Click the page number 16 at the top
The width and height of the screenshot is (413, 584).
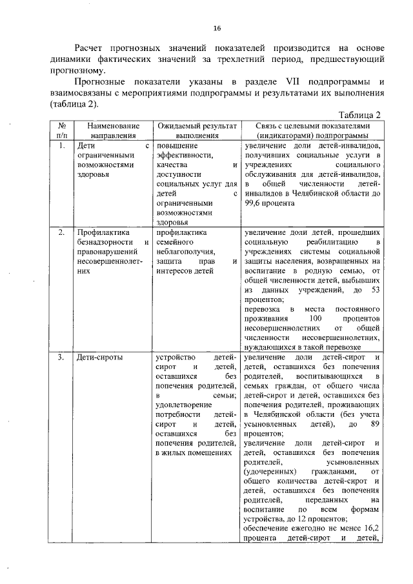point(217,28)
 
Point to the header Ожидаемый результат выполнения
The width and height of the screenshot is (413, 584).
point(194,131)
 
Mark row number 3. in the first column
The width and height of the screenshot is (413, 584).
point(61,357)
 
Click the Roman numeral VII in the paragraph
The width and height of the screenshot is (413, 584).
point(287,83)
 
